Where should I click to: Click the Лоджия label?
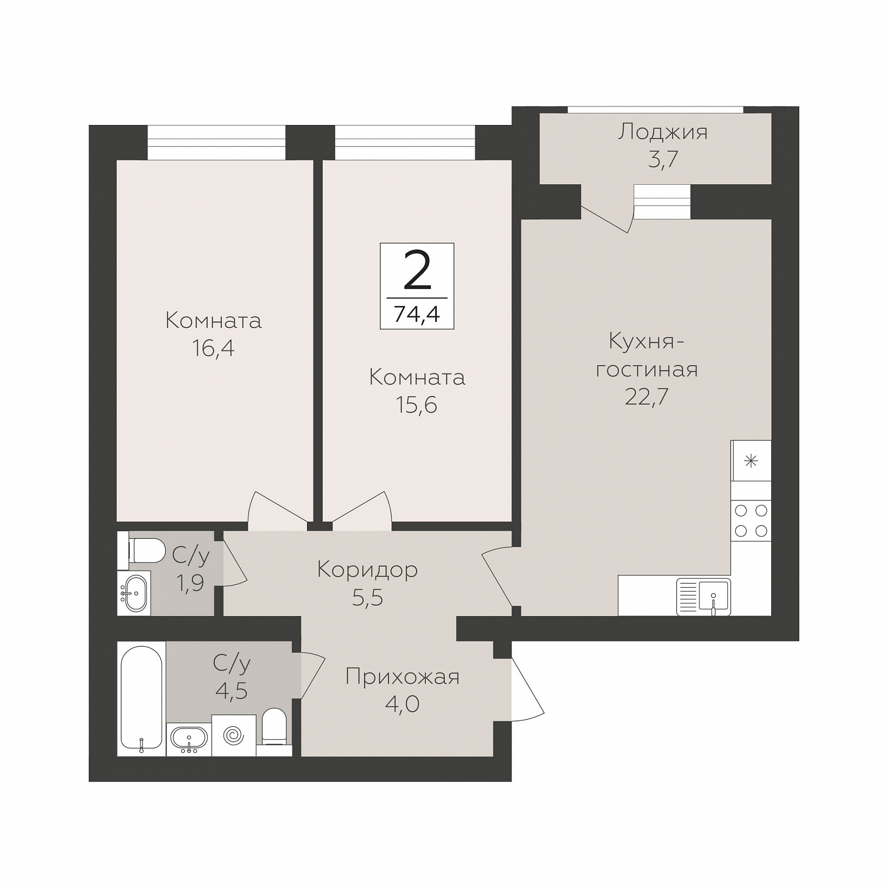[x=663, y=132]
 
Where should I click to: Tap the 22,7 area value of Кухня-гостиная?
[x=647, y=396]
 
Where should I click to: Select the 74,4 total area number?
[x=417, y=315]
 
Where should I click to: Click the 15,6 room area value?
[x=417, y=405]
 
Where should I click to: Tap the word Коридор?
[x=367, y=570]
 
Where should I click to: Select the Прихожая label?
[x=402, y=677]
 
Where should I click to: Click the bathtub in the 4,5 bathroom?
[x=141, y=698]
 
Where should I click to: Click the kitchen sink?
[x=703, y=597]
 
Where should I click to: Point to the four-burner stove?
[x=751, y=521]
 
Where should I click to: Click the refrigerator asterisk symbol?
[x=751, y=461]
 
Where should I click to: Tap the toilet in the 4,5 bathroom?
[x=274, y=727]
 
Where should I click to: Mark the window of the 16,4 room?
[x=217, y=143]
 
